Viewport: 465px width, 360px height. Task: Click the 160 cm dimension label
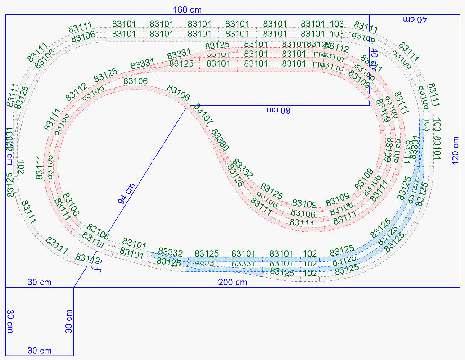click(x=187, y=9)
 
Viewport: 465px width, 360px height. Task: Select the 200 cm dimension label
click(x=232, y=283)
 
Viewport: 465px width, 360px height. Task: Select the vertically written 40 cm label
click(x=374, y=58)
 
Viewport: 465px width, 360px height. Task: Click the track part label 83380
click(x=220, y=140)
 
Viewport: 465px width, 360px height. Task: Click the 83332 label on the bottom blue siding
click(x=171, y=252)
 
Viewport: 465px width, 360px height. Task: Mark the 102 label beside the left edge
click(x=20, y=167)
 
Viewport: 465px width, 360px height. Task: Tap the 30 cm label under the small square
click(x=40, y=351)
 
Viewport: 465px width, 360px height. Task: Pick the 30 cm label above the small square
click(x=40, y=283)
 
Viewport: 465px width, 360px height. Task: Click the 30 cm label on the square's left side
click(x=9, y=321)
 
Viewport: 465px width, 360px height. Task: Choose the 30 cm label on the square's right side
click(x=68, y=321)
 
